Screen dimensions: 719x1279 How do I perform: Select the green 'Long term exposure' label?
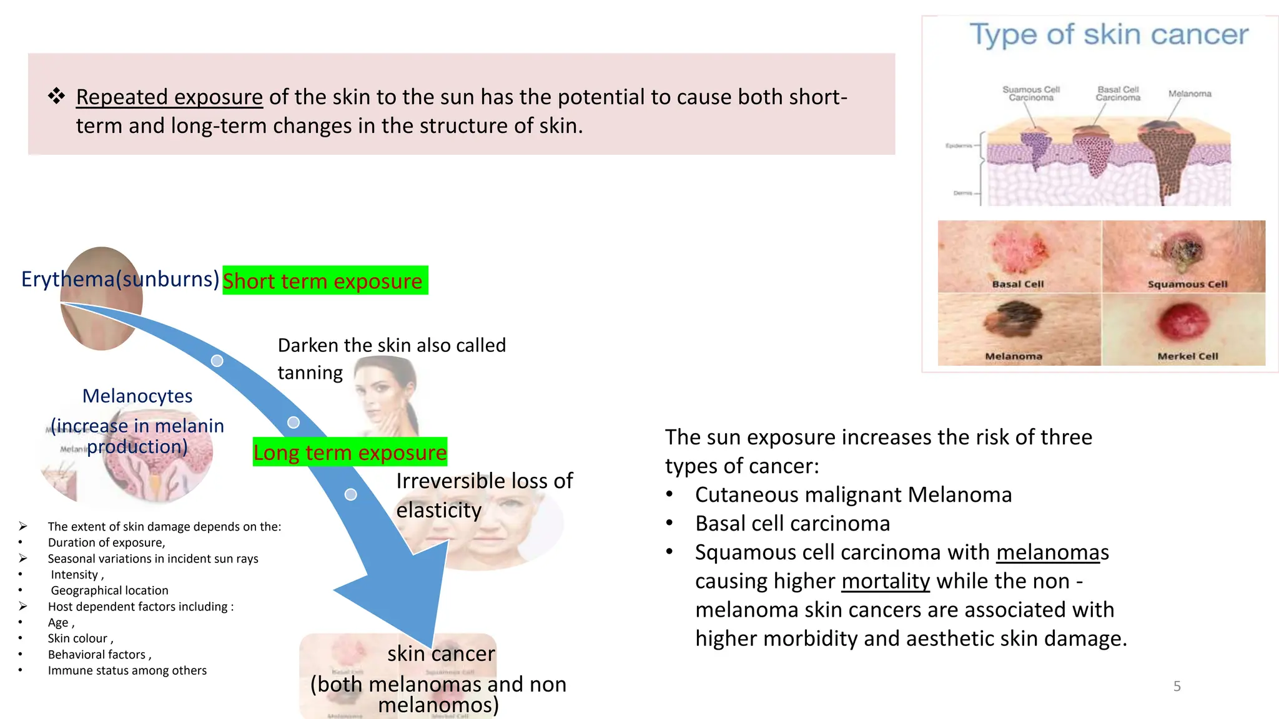coord(350,452)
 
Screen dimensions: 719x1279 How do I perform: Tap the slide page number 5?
coord(1177,686)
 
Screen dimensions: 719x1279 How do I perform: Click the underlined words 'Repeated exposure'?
coord(169,97)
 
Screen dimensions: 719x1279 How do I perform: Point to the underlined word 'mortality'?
coord(886,581)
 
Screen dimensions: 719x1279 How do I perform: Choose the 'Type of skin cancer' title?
coord(1109,35)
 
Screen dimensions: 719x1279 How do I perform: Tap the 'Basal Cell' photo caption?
coord(1018,284)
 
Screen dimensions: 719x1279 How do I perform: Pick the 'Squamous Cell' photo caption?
coord(1187,284)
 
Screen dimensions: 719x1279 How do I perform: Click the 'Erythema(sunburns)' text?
coord(120,279)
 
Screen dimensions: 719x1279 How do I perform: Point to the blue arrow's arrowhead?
coord(406,599)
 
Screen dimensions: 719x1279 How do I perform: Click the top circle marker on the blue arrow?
coord(217,361)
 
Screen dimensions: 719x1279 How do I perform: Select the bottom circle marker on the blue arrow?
coord(351,494)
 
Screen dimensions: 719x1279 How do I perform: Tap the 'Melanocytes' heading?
coord(137,396)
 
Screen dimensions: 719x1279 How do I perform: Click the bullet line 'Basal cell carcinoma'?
coord(792,524)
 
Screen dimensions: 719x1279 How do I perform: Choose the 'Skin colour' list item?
coord(80,638)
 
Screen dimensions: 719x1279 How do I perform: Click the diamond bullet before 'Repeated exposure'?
coord(56,96)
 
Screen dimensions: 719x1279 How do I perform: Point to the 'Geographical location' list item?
coord(109,590)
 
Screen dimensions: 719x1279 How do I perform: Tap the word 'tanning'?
coord(310,373)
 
